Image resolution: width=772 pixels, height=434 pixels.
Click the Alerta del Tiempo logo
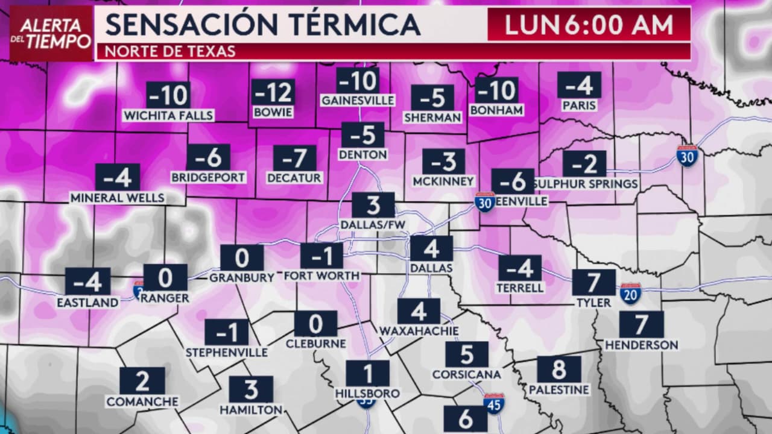51,34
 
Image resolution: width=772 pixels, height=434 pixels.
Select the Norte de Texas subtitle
171,51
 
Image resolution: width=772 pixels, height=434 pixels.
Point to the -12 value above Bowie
273,93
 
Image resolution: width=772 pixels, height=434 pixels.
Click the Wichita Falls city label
168,115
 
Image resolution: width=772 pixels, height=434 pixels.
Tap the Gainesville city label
358,100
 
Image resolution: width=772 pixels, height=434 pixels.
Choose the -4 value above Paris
579,86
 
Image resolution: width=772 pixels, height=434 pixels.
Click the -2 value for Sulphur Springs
584,164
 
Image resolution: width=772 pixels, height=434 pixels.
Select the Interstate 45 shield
494,404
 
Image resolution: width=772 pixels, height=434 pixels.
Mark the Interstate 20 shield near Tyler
630,294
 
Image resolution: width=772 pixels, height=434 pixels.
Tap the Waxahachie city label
419,331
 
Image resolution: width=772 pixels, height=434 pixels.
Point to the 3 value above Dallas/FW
373,206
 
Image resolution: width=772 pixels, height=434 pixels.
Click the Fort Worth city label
321,275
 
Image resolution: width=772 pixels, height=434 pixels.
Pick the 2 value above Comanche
142,381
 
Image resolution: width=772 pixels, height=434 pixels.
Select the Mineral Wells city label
118,198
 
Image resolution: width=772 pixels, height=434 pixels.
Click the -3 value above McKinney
443,162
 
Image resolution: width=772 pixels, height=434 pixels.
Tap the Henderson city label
641,345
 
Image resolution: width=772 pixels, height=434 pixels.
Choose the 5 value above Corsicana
466,355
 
